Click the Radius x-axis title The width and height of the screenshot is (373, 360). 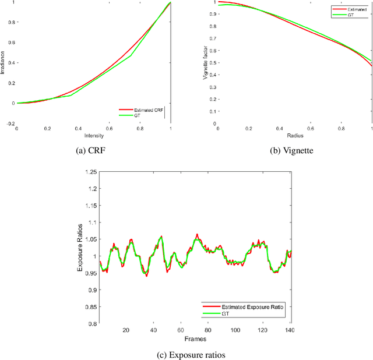coord(294,120)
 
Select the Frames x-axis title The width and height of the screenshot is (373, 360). coord(195,338)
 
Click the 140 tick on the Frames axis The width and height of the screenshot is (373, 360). coord(290,330)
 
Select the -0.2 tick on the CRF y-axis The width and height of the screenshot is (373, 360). coord(9,108)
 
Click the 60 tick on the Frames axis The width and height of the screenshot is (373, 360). coord(181,330)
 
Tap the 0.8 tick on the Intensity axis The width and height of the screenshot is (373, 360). coord(140,113)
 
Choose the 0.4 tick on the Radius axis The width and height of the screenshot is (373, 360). coord(279,113)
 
